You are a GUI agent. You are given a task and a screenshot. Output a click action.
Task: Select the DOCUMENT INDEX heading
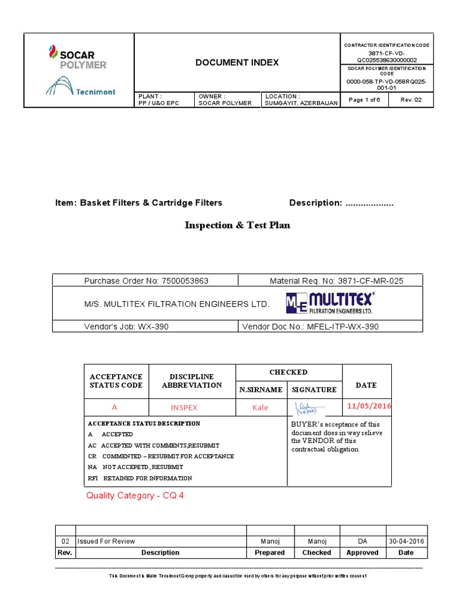click(x=237, y=62)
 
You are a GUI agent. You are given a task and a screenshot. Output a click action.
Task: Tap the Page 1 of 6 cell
click(x=365, y=100)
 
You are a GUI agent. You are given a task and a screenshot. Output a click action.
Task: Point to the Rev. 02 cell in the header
click(x=411, y=100)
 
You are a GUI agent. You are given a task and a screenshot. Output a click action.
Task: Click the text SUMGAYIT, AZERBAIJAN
click(x=301, y=103)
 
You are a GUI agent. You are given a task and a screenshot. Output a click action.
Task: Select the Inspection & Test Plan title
click(x=237, y=225)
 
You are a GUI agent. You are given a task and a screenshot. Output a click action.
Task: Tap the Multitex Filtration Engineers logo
click(x=330, y=303)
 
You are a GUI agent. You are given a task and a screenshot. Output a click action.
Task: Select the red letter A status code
click(x=115, y=408)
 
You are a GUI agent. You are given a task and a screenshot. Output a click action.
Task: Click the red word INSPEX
click(x=184, y=408)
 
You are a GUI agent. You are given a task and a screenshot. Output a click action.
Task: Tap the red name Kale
click(x=260, y=408)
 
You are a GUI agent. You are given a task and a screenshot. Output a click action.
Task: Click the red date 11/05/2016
click(x=369, y=406)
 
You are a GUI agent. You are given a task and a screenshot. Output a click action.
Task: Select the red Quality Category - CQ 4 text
click(x=135, y=495)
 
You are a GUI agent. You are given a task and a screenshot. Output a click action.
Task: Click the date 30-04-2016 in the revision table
click(x=406, y=541)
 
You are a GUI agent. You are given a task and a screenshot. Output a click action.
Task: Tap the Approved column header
click(x=362, y=552)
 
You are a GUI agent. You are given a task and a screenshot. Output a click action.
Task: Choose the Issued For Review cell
click(x=106, y=541)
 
